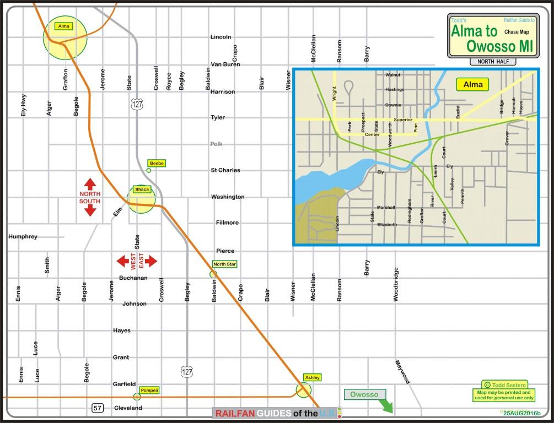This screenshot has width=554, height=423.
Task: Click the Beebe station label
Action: pyautogui.click(x=157, y=164)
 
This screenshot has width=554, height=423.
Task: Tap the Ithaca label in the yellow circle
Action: pyautogui.click(x=142, y=189)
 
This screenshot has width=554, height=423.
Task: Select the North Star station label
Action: pyautogui.click(x=224, y=264)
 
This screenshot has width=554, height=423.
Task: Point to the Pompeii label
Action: pyautogui.click(x=149, y=390)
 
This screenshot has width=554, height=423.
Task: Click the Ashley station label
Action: pyautogui.click(x=312, y=377)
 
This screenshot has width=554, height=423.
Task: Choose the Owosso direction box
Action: pyautogui.click(x=364, y=394)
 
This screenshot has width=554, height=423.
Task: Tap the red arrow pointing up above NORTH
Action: pyautogui.click(x=90, y=184)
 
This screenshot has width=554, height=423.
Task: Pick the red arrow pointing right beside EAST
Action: pyautogui.click(x=151, y=261)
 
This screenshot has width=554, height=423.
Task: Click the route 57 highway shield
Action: pyautogui.click(x=98, y=408)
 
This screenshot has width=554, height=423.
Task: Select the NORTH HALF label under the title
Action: pyautogui.click(x=493, y=61)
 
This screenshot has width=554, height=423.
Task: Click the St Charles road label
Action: pyautogui.click(x=225, y=170)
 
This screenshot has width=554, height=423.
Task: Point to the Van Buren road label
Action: pyautogui.click(x=225, y=64)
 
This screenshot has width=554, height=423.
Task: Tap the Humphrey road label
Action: pyautogui.click(x=23, y=237)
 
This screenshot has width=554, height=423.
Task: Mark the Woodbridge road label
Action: pyautogui.click(x=396, y=284)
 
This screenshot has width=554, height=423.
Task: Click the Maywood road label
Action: pyautogui.click(x=402, y=372)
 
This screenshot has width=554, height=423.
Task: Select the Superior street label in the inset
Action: pyautogui.click(x=403, y=120)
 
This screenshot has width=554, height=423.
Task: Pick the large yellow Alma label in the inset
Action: pyautogui.click(x=470, y=84)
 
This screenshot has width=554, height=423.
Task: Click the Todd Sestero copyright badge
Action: pyautogui.click(x=504, y=384)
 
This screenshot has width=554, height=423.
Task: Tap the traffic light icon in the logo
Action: pyautogui.click(x=340, y=412)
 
